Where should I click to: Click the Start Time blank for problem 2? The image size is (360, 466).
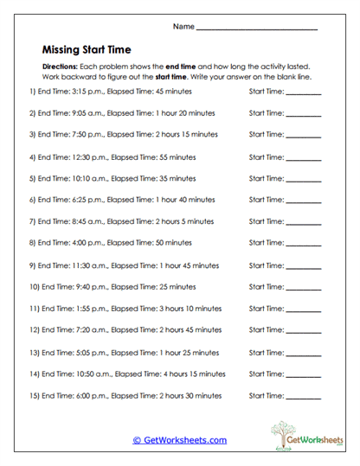[x=303, y=112]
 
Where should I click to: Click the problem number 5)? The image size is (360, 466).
[x=32, y=179]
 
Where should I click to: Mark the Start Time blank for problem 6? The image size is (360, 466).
[x=303, y=201]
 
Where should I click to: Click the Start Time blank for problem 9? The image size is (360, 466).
[x=303, y=265]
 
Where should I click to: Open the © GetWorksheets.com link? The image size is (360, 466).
[x=180, y=440]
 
